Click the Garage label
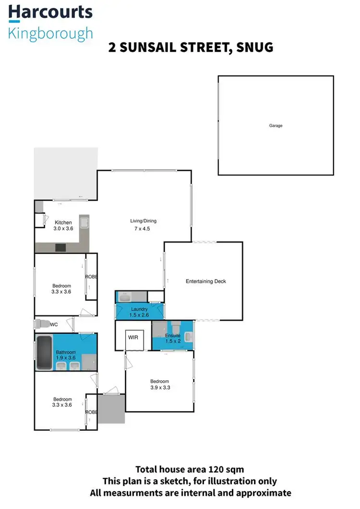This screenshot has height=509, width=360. [x=276, y=126]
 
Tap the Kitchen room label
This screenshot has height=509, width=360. [x=63, y=222]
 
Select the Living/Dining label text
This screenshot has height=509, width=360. [x=143, y=221]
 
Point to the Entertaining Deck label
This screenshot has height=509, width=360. [x=205, y=281]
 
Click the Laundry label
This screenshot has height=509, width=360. [x=139, y=309]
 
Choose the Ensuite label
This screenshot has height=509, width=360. [x=173, y=335]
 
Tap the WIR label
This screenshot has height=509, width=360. [x=133, y=338]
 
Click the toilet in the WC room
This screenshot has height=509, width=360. [x=41, y=323]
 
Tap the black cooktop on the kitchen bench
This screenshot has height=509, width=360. [x=61, y=248]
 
